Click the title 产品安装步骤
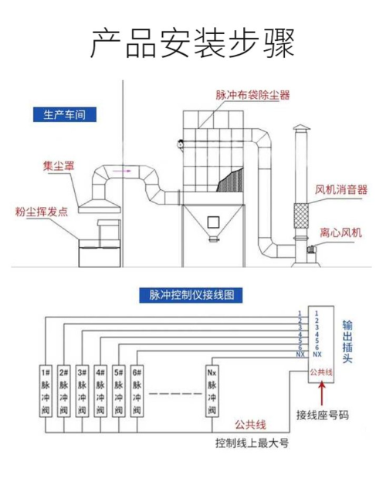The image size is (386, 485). click(x=192, y=44)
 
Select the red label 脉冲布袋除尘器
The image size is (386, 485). click(x=252, y=95)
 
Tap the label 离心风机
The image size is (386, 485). click(x=341, y=232)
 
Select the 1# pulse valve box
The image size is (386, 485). click(x=46, y=391)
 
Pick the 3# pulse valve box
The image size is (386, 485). click(x=83, y=391)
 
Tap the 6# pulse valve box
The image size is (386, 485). click(x=138, y=391)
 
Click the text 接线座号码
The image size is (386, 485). click(x=323, y=415)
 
